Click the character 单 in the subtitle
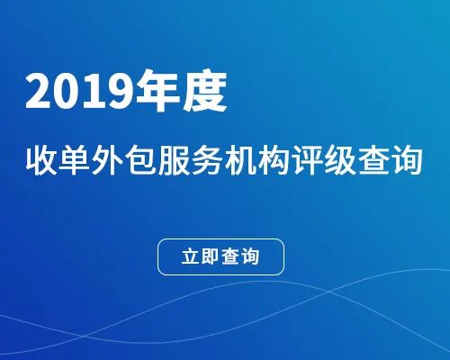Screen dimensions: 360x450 point(77,163)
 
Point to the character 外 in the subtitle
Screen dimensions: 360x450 point(112,163)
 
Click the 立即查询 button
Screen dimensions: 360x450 point(221,256)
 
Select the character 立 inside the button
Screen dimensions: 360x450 point(190,256)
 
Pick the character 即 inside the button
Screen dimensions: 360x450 point(211,256)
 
